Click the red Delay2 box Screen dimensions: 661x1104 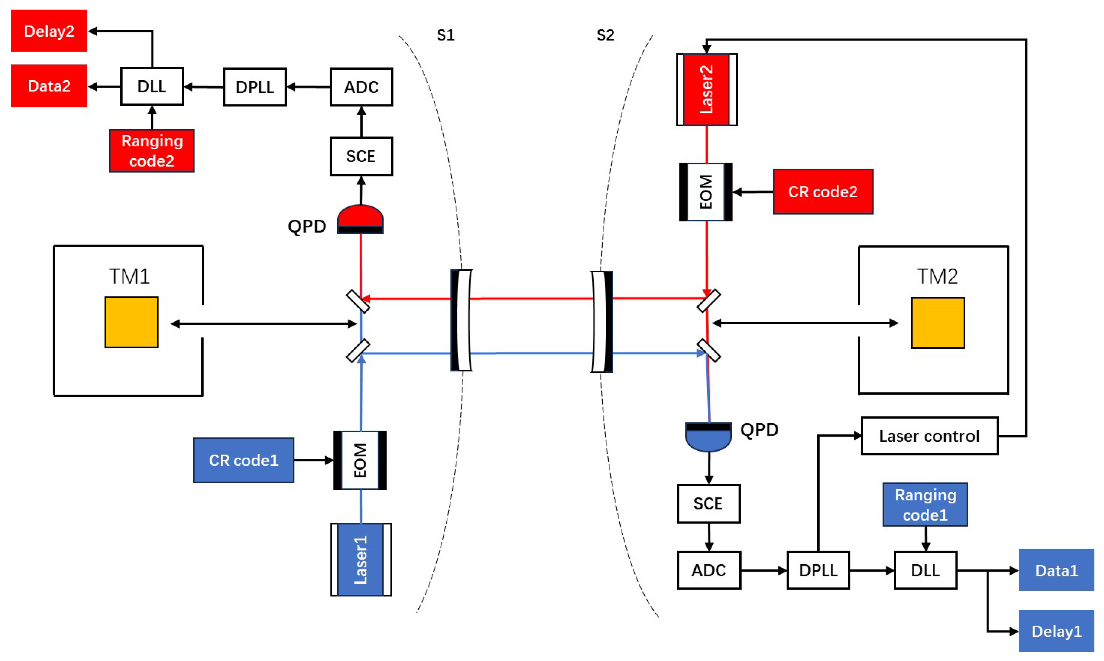49,31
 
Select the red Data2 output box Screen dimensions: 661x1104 49,86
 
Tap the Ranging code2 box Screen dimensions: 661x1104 152,151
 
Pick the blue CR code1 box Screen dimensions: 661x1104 243,460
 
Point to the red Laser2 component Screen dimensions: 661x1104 707,90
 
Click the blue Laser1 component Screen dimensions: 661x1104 360,560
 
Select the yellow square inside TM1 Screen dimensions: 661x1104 132,322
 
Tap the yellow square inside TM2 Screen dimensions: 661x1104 937,323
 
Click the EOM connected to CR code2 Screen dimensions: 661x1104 706,192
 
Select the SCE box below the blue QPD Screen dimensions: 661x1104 708,504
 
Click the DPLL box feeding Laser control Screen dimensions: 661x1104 818,570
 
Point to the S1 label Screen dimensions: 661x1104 445,35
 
